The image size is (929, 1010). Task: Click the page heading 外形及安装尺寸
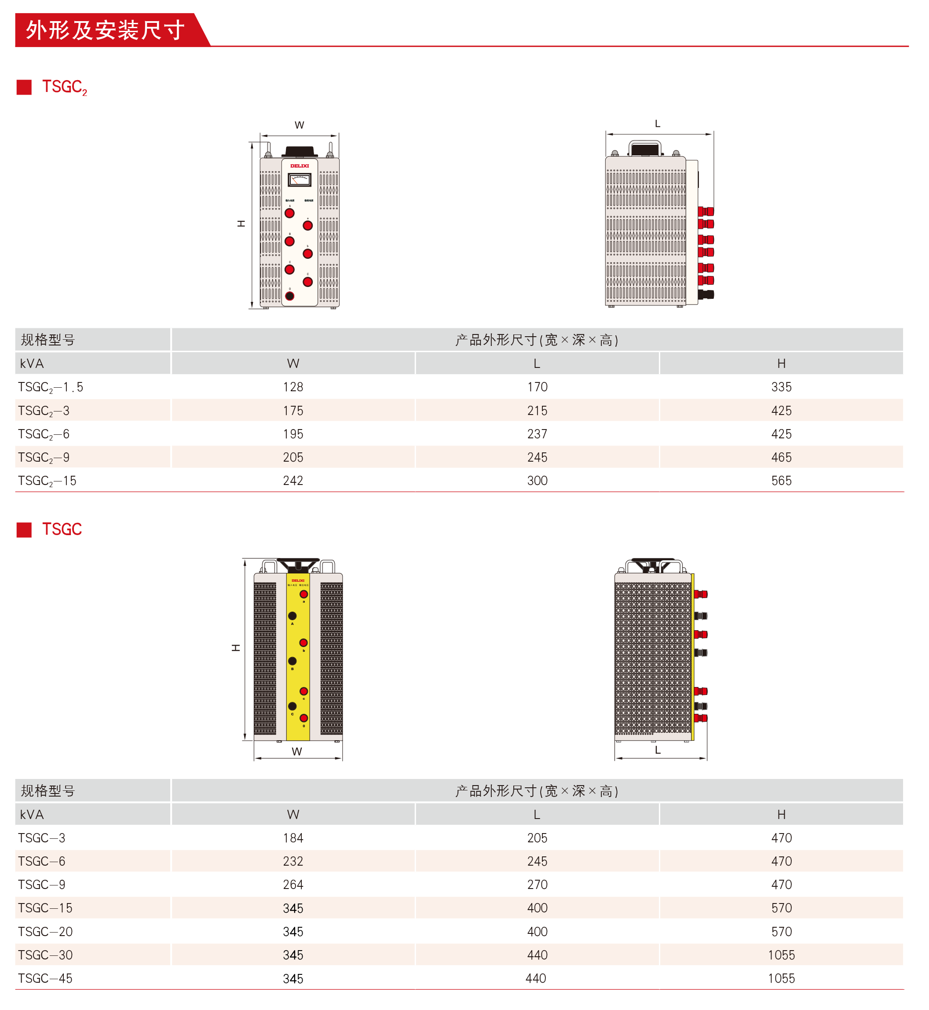pyautogui.click(x=105, y=30)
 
